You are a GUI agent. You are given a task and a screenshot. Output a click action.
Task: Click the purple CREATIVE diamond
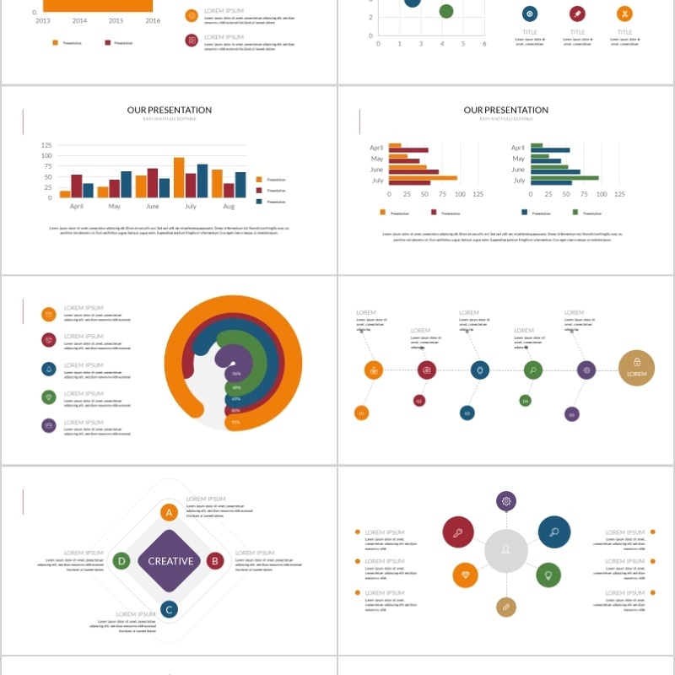171,561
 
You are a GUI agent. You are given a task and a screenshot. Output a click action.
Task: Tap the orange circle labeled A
169,512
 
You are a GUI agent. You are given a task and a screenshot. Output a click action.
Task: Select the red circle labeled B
215,560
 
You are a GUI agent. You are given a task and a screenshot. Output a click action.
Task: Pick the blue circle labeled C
169,609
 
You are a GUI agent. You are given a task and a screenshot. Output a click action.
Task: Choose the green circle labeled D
121,560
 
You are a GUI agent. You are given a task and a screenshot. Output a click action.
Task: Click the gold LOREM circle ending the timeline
636,368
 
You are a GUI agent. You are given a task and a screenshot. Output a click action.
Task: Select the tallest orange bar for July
179,177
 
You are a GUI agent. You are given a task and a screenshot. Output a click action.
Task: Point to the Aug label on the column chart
228,206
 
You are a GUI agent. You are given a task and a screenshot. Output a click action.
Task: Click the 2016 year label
153,20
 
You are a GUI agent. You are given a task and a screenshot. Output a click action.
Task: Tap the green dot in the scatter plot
446,11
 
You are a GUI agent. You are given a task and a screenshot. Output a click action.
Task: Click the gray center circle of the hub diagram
506,551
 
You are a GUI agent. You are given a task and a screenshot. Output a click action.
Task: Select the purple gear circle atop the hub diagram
506,501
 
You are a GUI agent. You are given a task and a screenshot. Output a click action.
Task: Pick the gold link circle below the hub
506,606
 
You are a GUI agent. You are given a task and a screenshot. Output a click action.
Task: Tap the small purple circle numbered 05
572,413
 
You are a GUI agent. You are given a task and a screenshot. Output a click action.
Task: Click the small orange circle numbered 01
361,413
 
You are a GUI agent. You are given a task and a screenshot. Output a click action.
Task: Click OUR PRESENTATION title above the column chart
170,111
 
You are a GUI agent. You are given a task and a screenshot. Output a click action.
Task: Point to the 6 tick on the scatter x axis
484,44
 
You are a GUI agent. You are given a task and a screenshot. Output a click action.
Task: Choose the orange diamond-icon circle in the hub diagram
465,575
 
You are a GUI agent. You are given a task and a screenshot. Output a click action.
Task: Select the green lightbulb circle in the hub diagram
548,575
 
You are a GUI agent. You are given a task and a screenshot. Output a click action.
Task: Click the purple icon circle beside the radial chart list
49,425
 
